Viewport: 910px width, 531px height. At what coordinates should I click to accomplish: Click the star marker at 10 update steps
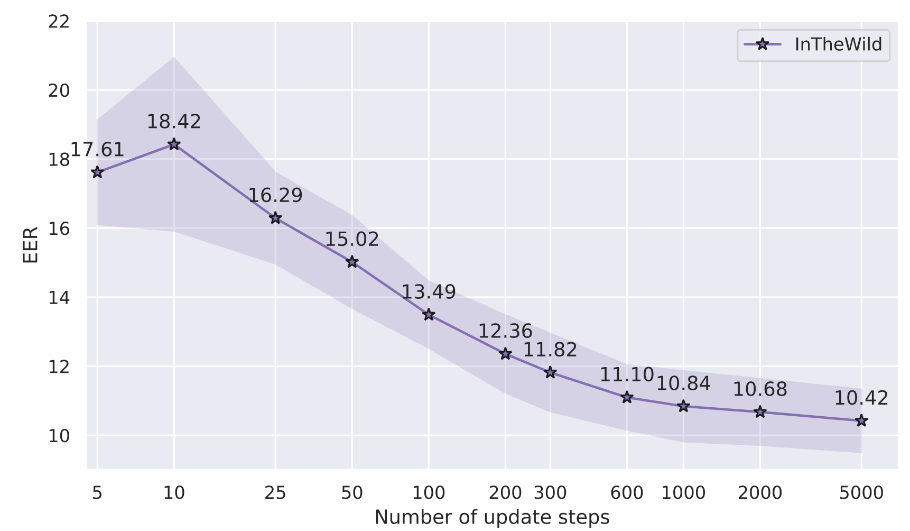tap(174, 144)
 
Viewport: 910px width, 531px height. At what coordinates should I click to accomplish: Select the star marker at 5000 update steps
tap(861, 421)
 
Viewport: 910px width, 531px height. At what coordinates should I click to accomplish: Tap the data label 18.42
tap(174, 122)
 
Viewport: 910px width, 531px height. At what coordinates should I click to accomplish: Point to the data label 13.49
tap(429, 292)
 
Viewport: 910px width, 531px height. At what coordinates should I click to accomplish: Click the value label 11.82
tap(550, 350)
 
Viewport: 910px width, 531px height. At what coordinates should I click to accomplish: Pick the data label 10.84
tap(683, 383)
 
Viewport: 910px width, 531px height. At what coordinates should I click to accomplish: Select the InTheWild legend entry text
tap(838, 44)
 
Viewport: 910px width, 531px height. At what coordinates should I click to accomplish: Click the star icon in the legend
tap(762, 44)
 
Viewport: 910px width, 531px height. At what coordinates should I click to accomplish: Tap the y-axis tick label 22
tap(59, 22)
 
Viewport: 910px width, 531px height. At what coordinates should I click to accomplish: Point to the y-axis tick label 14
tap(59, 298)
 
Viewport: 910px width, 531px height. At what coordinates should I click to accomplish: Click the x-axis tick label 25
tap(275, 493)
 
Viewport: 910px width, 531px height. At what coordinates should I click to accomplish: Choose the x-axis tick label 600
tap(627, 493)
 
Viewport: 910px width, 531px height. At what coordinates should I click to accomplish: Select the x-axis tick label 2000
tap(760, 493)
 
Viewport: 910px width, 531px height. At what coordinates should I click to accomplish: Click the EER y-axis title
tap(31, 245)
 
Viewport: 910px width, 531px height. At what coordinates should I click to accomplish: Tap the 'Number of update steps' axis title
tap(492, 517)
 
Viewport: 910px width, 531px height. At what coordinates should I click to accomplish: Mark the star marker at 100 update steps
tap(429, 315)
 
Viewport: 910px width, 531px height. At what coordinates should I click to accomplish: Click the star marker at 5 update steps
tap(97, 172)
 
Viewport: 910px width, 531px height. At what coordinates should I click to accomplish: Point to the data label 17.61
tap(97, 150)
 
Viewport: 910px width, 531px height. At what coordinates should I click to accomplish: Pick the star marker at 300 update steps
tap(550, 372)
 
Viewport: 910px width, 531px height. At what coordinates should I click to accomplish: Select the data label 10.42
tap(861, 398)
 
